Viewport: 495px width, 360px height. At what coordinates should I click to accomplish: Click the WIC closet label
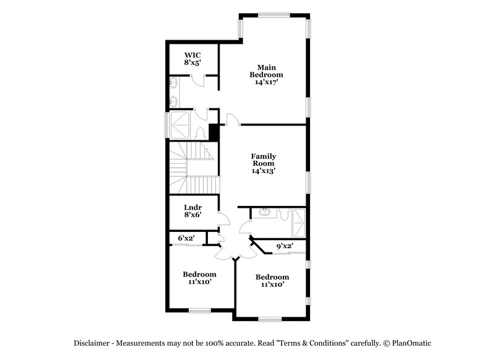pyautogui.click(x=192, y=54)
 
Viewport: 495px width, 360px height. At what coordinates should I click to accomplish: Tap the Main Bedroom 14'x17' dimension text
pyautogui.click(x=266, y=82)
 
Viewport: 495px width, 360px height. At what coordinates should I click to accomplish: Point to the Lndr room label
pyautogui.click(x=192, y=207)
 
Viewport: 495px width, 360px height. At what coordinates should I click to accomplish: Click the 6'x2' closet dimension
pyautogui.click(x=187, y=238)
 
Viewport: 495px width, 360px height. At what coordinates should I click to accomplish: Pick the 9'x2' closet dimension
pyautogui.click(x=284, y=246)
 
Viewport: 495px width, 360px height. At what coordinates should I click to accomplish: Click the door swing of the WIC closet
pyautogui.click(x=197, y=79)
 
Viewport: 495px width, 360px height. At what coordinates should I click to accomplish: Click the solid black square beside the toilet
pyautogui.click(x=214, y=132)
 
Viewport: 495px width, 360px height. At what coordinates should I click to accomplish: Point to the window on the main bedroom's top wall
pyautogui.click(x=271, y=15)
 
